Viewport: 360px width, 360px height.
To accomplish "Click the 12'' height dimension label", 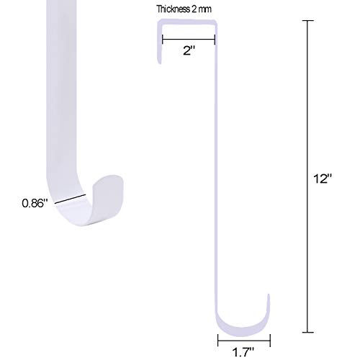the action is point(323,179).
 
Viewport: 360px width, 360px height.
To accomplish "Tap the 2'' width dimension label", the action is point(189,51).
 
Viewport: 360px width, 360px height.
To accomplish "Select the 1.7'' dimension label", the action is point(243,352).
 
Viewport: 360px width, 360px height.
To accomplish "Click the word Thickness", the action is point(173,9).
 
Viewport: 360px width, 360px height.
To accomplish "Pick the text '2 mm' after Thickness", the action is point(202,9).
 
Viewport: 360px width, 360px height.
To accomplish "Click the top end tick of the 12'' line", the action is point(307,21).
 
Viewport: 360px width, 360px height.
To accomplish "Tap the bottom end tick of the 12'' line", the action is point(307,333).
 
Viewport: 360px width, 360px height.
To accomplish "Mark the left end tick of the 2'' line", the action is point(163,40).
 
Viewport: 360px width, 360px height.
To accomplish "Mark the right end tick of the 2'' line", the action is point(215,40).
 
